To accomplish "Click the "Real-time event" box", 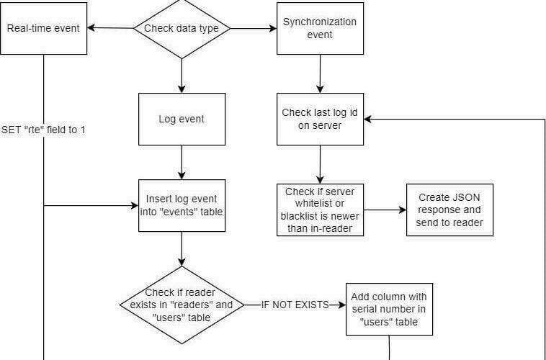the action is (x=43, y=29).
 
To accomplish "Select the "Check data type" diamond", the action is (x=182, y=29).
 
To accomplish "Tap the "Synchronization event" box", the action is (x=320, y=29).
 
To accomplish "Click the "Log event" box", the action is (x=182, y=119).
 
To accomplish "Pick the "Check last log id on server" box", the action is (x=320, y=119).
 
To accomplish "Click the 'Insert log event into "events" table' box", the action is (x=182, y=205).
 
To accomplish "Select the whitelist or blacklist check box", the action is (x=320, y=210).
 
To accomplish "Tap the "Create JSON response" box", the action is (x=449, y=210).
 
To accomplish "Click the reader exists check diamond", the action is (x=182, y=305).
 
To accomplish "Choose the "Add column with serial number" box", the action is (x=389, y=309).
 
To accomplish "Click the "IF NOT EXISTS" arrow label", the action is (x=295, y=305).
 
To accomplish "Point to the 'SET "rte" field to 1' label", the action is (x=43, y=130).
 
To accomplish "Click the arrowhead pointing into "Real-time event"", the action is (x=91, y=28).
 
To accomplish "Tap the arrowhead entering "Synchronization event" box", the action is (x=273, y=29).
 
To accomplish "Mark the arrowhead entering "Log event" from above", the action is (x=182, y=89).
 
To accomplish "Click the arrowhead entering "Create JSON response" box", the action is (x=403, y=210).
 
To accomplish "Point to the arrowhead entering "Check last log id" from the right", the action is (x=367, y=119).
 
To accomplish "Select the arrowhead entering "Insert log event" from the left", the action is (x=135, y=205).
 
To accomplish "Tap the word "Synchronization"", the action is (x=320, y=22).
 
